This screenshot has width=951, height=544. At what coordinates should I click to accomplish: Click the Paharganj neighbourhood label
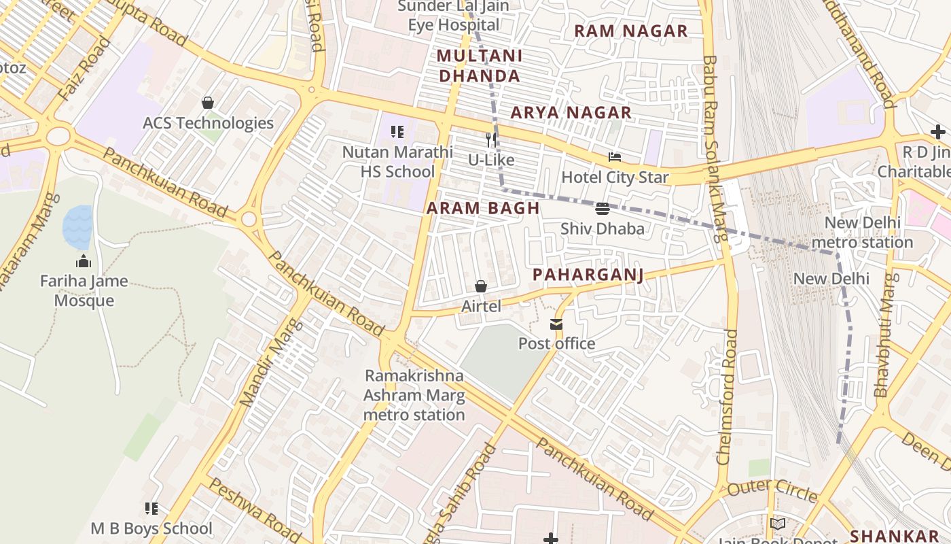588,275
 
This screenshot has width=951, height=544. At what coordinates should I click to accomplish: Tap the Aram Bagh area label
483,209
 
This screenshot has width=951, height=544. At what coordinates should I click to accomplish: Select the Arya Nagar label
571,113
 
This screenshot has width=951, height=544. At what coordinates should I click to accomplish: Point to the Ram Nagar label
630,31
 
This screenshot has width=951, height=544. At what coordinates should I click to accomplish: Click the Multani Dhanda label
480,66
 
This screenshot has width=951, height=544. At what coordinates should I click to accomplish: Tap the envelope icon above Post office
556,324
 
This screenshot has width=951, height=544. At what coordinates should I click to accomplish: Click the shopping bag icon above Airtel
481,286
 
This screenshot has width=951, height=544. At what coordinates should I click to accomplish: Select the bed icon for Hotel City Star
615,157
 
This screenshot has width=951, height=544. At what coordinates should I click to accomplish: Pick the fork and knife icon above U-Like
490,140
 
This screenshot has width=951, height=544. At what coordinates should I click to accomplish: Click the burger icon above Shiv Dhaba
602,208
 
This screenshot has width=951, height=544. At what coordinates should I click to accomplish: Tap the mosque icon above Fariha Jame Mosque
84,261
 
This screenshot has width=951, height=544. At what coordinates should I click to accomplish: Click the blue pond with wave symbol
77,226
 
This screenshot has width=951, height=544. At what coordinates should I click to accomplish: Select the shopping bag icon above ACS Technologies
208,103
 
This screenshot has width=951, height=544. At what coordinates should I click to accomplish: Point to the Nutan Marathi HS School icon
397,131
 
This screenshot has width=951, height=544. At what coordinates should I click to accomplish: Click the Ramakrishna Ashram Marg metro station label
414,395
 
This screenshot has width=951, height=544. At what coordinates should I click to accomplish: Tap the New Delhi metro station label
862,233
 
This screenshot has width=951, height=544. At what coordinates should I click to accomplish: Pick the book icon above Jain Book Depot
777,524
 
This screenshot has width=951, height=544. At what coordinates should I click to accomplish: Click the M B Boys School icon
151,509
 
